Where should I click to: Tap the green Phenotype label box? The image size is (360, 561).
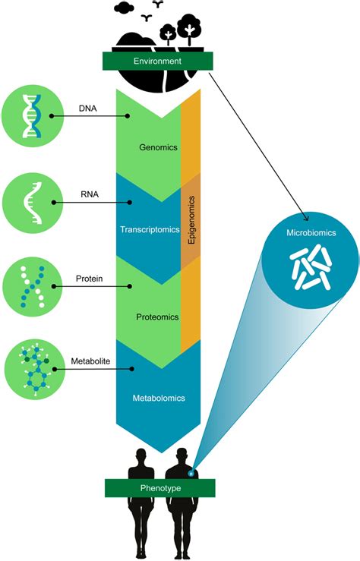pyautogui.click(x=159, y=488)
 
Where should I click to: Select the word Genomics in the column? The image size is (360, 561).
pyautogui.click(x=158, y=149)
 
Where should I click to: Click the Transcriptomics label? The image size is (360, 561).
pyautogui.click(x=148, y=228)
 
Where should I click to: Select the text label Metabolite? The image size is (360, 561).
pyautogui.click(x=88, y=361)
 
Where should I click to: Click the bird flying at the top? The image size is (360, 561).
pyautogui.click(x=159, y=5)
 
